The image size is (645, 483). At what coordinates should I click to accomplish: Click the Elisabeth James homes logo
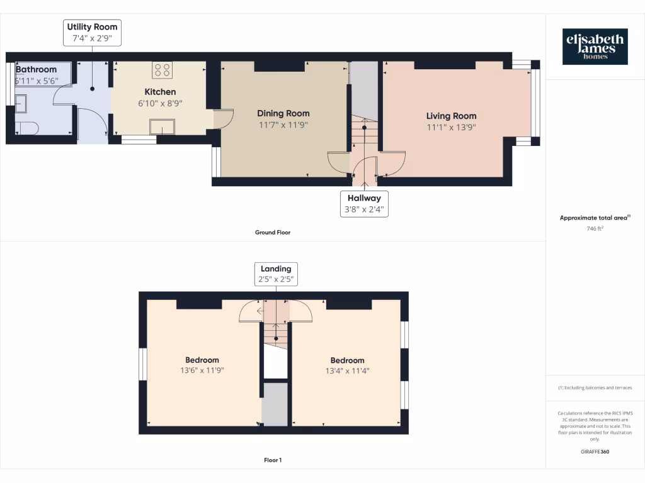pos(595,47)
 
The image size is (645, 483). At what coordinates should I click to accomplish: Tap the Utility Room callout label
pos(92,33)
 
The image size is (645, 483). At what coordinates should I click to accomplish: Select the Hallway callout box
pos(364,204)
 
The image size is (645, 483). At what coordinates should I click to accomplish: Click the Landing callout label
pos(276,274)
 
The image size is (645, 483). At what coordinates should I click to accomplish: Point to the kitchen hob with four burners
pos(162,70)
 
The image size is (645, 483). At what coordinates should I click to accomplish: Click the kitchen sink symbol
pos(163,126)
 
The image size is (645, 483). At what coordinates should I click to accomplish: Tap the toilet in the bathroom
pos(27,128)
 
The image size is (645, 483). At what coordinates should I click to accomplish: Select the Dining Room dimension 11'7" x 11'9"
pos(283,125)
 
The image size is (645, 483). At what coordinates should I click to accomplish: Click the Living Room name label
pos(451,116)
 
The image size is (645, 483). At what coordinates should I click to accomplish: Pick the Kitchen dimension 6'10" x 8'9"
pos(160,103)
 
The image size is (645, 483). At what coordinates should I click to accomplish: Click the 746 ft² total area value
pos(595,229)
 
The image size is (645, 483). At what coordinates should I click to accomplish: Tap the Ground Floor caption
pos(272,233)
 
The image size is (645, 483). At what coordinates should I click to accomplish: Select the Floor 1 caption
pos(272,460)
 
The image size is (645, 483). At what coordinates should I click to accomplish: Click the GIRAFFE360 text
pos(595,452)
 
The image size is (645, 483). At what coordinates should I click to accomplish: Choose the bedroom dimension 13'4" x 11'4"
pos(347,370)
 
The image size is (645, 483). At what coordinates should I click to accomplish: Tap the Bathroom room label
pos(36,69)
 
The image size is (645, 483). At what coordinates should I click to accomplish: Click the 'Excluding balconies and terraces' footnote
pos(595,388)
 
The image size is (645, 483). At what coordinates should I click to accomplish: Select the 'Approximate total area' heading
pos(595,218)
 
